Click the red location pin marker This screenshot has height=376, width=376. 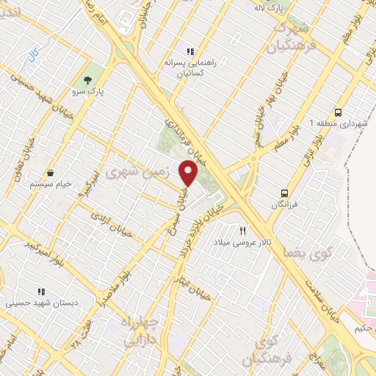coord(189,173)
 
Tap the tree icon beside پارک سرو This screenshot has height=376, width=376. coord(89,80)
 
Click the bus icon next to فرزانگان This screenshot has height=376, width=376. coord(283,194)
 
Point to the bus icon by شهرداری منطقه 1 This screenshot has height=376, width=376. coord(338,112)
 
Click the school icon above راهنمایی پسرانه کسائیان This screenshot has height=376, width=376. coord(189,51)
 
